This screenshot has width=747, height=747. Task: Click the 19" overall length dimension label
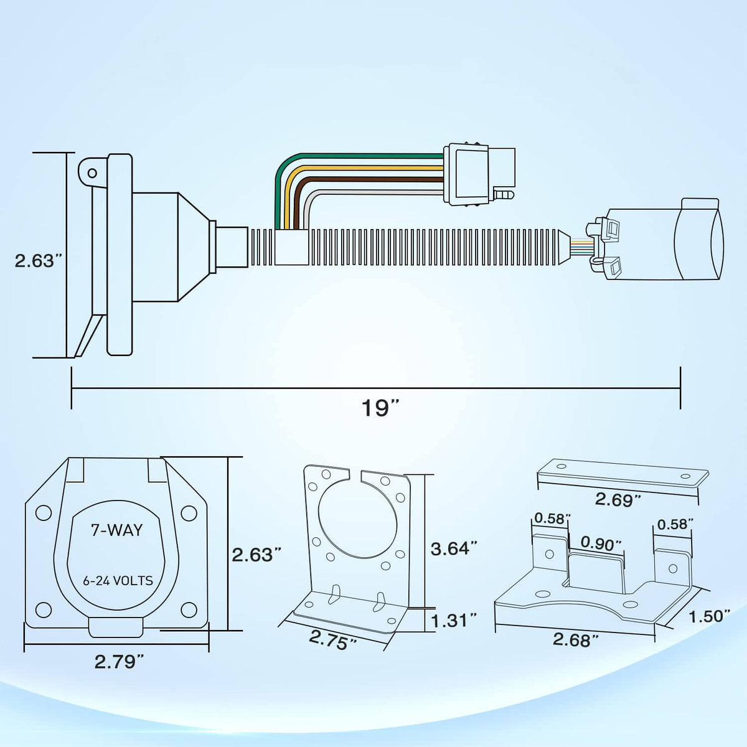(380, 408)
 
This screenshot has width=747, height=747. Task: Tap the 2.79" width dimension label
(120, 661)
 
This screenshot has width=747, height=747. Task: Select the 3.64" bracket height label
(454, 548)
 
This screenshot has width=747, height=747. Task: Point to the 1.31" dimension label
(454, 620)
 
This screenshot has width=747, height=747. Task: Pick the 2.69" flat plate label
(617, 499)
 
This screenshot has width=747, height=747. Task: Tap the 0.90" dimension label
(598, 545)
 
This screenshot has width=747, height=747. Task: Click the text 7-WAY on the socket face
(116, 530)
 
